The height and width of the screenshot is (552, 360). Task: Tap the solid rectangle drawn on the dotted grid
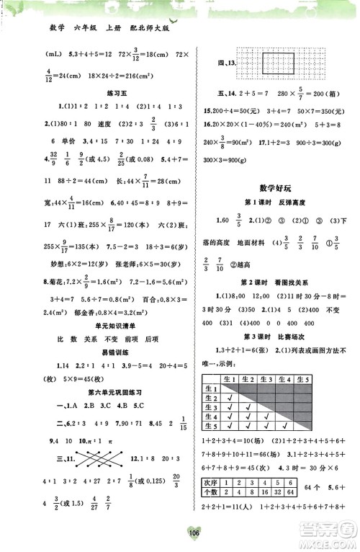(266, 63)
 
